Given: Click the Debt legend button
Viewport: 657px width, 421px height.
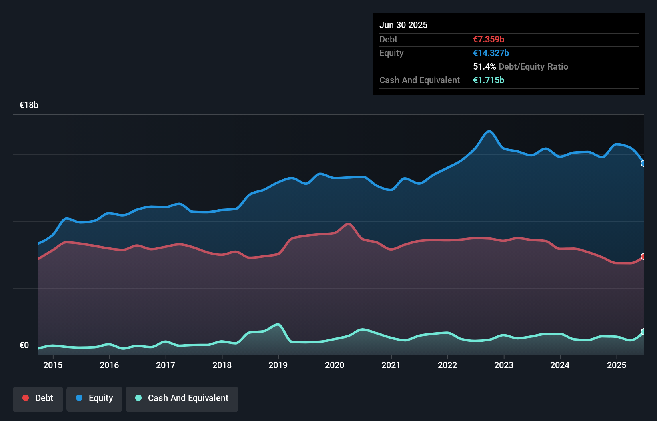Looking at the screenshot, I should point(38,398).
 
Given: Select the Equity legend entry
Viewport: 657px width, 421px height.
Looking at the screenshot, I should point(94,398).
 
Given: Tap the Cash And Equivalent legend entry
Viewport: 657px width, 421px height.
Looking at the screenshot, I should point(182,398).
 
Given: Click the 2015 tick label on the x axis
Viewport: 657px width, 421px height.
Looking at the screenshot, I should point(53,365).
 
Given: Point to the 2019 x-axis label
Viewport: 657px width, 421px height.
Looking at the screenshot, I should point(278,365).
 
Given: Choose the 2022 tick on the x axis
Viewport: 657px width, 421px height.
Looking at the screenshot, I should point(447,365).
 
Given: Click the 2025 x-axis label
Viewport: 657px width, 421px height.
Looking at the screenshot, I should point(616,365).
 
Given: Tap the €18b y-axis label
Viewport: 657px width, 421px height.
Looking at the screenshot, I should point(29,105).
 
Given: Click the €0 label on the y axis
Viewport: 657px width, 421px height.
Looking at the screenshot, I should point(24,345).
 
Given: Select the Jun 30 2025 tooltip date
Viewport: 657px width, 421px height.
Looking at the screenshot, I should point(403,25).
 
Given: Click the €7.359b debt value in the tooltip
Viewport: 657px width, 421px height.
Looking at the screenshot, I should point(489,39).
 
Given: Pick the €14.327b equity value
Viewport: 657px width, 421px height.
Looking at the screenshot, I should point(491,53).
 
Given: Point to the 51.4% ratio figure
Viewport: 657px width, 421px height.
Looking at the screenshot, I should point(484,66).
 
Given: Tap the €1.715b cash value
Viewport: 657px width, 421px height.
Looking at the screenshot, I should point(489,80).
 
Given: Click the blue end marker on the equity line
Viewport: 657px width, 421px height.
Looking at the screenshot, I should point(643,163).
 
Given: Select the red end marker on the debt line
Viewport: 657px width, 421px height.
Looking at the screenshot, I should point(643,256).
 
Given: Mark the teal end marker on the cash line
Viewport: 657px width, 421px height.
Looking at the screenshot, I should point(643,331).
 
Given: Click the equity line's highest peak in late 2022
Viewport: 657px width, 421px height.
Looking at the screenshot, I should point(489,131).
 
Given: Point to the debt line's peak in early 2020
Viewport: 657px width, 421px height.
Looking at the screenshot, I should point(348,224).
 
